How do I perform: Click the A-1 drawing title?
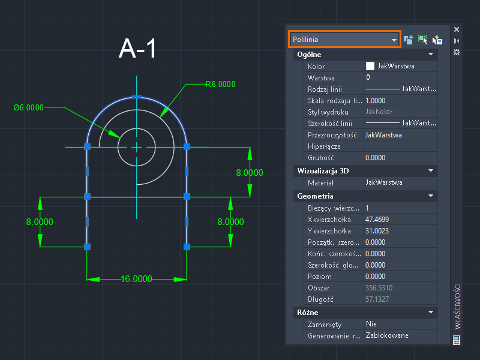[x=137, y=49]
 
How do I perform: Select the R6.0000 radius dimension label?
[x=220, y=84]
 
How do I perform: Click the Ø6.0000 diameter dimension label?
[x=28, y=107]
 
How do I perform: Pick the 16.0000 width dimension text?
[x=136, y=279]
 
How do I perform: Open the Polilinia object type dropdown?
[x=344, y=40]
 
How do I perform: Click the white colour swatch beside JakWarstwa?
[x=370, y=66]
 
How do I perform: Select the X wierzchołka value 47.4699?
[x=377, y=220]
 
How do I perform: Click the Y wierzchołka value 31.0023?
[x=377, y=231]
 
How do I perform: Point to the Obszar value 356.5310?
[x=379, y=288]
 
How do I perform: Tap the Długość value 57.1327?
[x=377, y=299]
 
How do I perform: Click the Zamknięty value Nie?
[x=371, y=324]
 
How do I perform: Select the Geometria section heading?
[x=315, y=196]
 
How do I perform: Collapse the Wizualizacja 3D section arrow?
[x=431, y=170]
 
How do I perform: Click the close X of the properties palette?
[x=457, y=29]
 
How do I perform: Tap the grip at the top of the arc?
[x=137, y=97]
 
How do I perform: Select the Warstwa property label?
[x=321, y=78]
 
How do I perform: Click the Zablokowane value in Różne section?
[x=387, y=335]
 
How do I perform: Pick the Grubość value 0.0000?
[x=376, y=158]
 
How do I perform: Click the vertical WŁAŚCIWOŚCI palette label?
[x=457, y=306]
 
